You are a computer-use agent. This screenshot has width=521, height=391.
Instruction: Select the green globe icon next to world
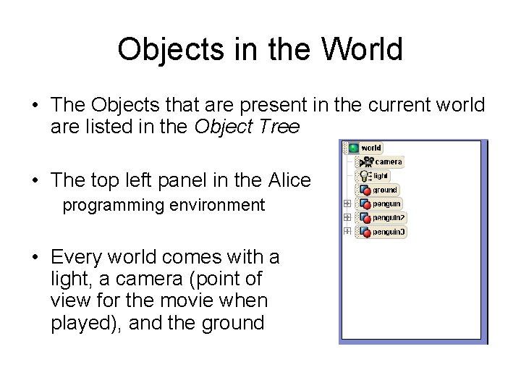click(353, 148)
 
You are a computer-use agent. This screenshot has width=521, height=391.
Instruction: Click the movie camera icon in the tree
click(366, 162)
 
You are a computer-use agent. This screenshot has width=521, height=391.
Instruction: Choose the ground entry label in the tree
click(386, 190)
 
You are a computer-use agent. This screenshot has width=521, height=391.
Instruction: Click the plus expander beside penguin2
click(347, 217)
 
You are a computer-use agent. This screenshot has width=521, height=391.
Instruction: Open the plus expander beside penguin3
click(347, 231)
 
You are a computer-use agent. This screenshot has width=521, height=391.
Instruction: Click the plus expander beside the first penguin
click(347, 203)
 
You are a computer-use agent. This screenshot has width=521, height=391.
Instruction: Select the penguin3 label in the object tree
click(390, 232)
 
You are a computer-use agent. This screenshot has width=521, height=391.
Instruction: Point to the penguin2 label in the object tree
click(390, 218)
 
